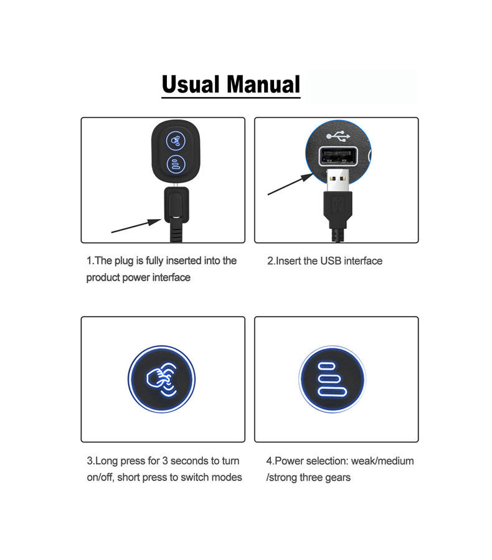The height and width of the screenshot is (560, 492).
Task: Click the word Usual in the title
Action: click(191, 84)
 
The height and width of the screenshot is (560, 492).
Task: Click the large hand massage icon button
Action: click(162, 379)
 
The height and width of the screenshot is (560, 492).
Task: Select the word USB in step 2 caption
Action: click(331, 261)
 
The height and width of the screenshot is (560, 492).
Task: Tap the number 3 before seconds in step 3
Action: click(165, 461)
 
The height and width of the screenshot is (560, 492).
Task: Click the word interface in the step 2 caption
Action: click(363, 261)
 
